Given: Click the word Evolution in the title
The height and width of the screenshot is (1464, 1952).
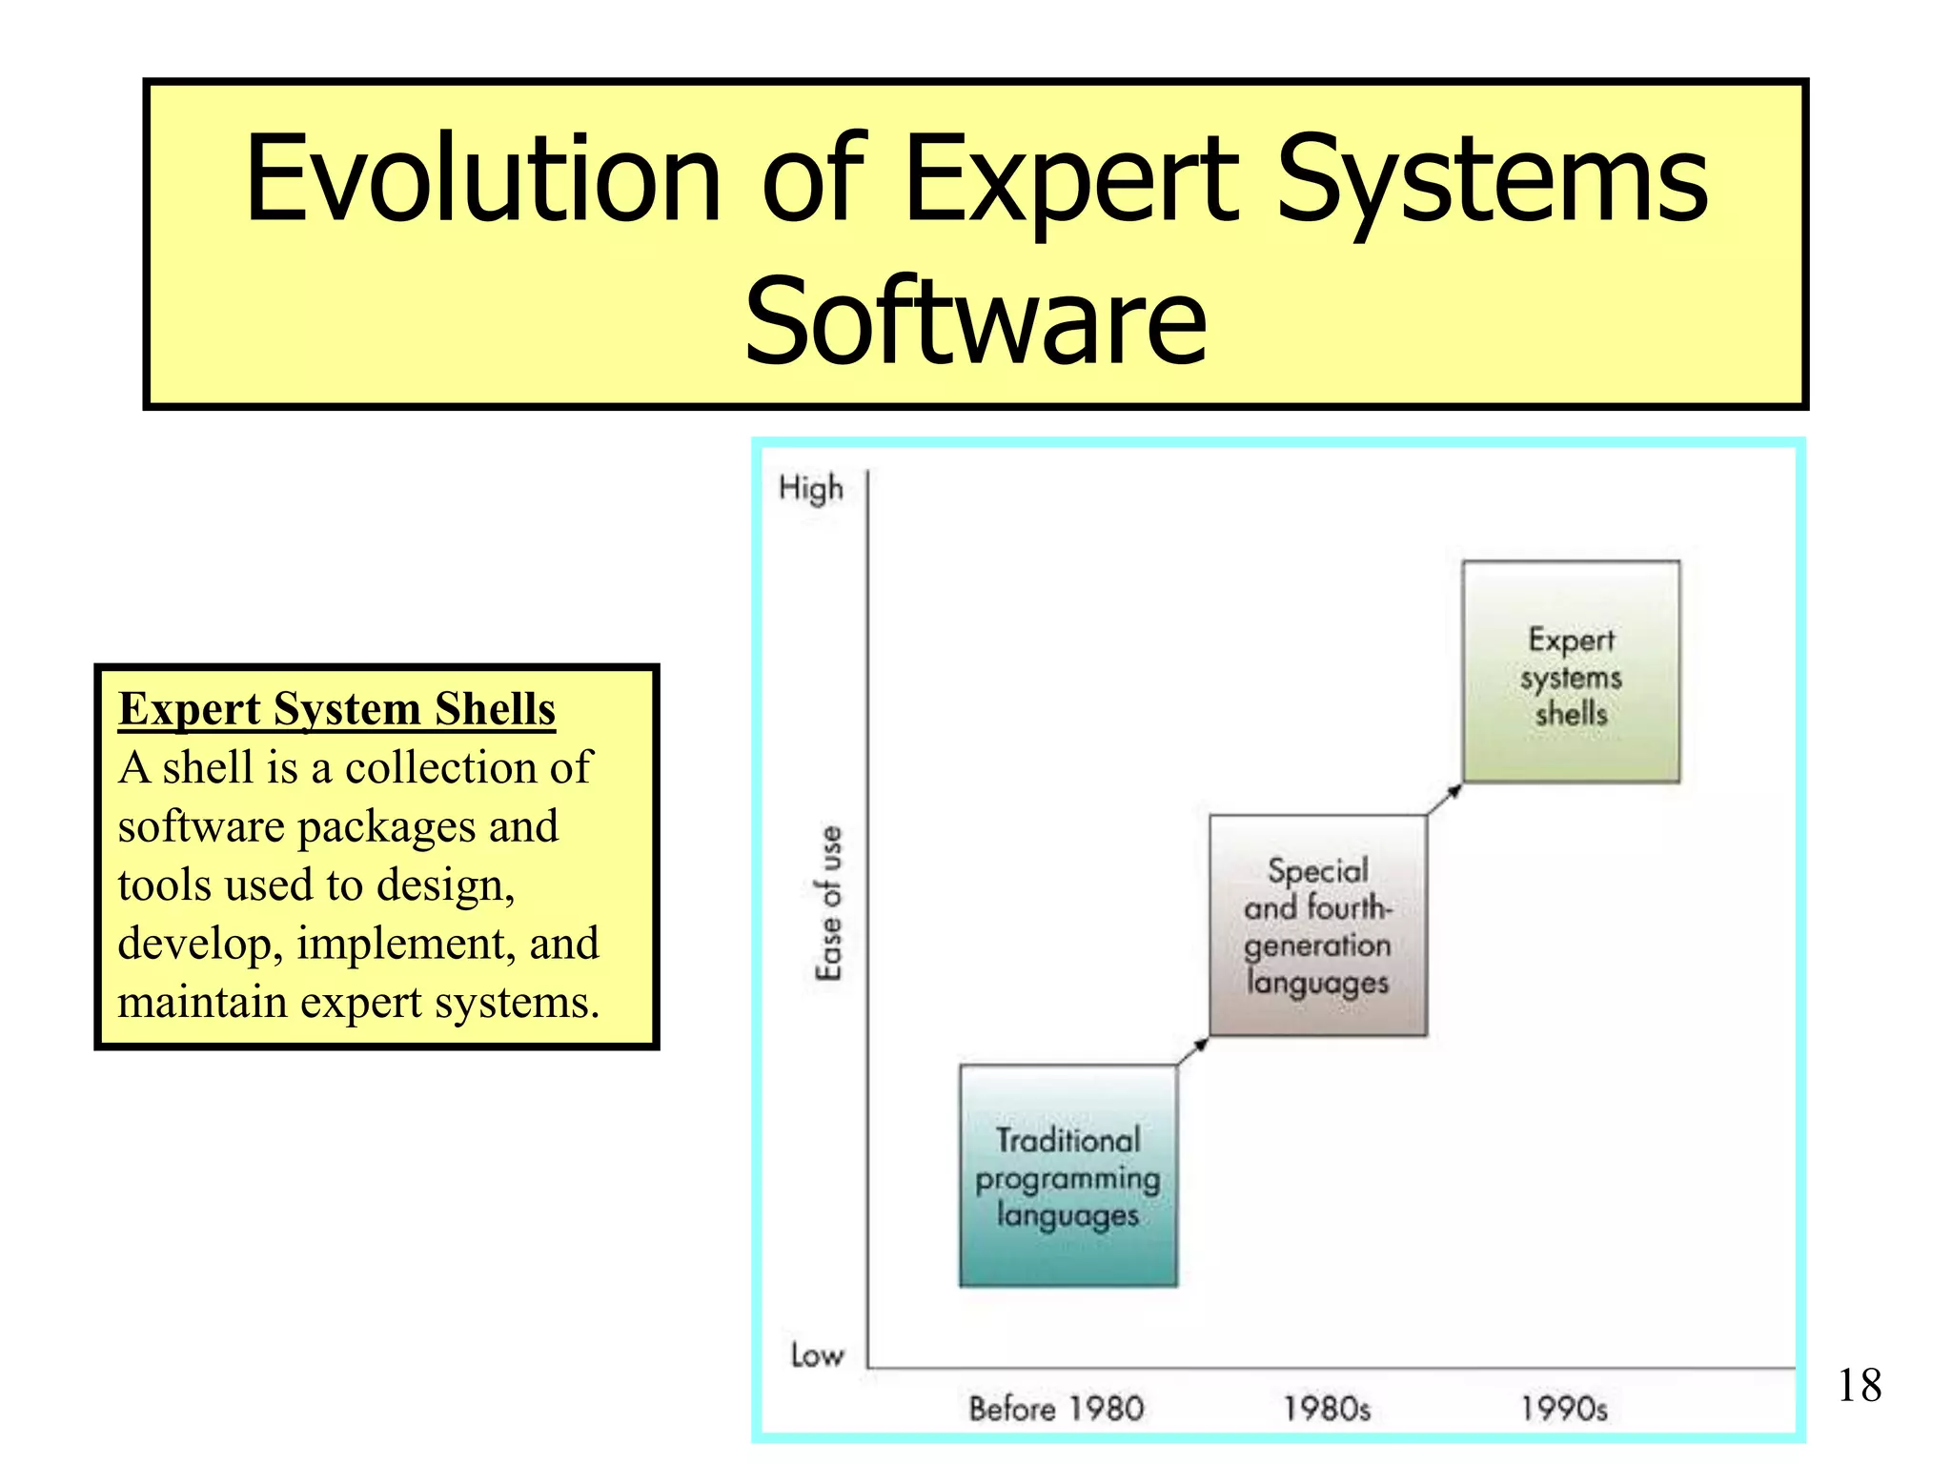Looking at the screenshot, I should (x=482, y=178).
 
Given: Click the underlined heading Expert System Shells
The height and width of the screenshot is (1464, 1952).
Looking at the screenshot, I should (x=336, y=710).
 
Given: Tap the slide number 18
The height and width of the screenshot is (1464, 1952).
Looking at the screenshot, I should (x=1859, y=1386).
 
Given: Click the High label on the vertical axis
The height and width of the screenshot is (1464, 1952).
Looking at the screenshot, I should (x=811, y=488).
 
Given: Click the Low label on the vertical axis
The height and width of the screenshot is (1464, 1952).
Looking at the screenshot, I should (x=817, y=1354).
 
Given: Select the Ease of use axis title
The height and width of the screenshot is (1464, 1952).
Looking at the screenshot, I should (x=829, y=903).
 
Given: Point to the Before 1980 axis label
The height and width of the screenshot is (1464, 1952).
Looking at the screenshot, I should (x=1056, y=1409).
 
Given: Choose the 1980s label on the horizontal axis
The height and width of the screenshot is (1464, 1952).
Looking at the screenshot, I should (x=1326, y=1409).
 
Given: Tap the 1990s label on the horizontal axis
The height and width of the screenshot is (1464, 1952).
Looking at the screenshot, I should (x=1563, y=1409).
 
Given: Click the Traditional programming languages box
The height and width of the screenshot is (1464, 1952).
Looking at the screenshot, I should (x=1067, y=1176).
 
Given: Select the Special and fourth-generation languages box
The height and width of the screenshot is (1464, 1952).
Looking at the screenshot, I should (x=1317, y=925).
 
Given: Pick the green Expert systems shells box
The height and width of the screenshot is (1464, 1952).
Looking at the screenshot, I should (x=1571, y=672).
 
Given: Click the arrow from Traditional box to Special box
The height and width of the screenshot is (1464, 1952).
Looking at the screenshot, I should (x=1192, y=1050).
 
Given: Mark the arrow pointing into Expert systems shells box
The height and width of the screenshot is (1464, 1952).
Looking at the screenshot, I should (x=1444, y=799).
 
